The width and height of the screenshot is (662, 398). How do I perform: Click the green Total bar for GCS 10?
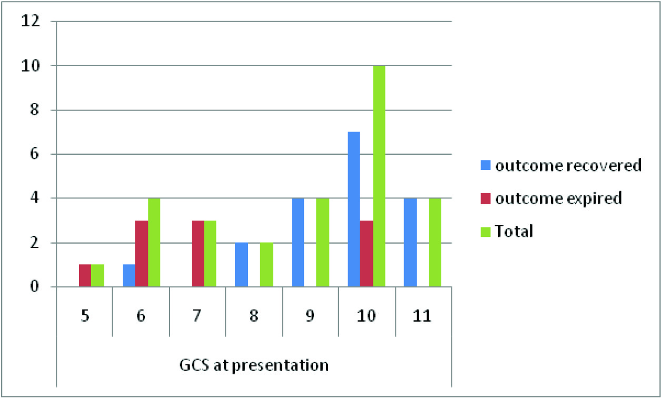click(x=379, y=176)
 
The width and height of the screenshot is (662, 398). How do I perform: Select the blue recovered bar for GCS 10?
click(x=353, y=210)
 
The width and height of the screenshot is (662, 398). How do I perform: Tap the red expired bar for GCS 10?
click(x=366, y=254)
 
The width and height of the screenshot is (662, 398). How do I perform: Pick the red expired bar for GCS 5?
click(x=85, y=276)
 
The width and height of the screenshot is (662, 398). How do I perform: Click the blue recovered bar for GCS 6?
click(x=129, y=276)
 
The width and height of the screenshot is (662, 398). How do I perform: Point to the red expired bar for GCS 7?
click(x=197, y=254)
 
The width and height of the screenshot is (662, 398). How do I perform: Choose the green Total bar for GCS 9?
click(x=322, y=243)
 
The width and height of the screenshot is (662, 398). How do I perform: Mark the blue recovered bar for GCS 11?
click(x=410, y=243)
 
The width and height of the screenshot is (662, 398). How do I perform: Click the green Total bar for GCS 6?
click(x=154, y=243)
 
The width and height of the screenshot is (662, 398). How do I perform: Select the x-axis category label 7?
click(x=197, y=317)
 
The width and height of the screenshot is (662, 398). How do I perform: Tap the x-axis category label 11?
click(x=422, y=317)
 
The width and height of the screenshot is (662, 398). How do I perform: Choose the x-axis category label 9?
click(x=310, y=317)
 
